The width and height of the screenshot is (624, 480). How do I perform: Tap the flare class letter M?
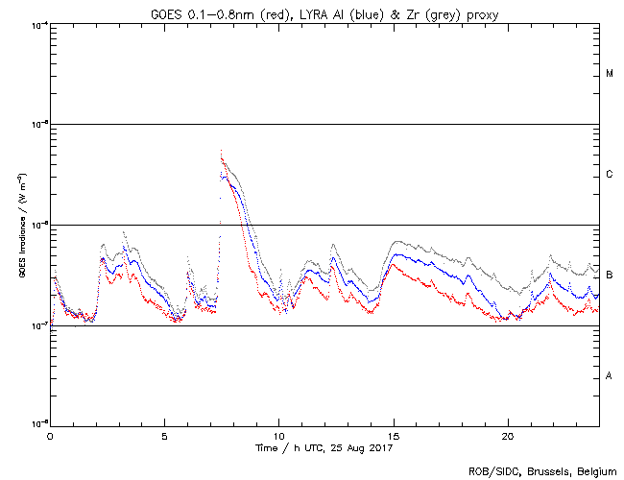tap(610, 74)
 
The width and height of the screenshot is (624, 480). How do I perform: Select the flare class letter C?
tap(610, 175)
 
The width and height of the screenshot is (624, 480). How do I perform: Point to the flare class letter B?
tap(610, 276)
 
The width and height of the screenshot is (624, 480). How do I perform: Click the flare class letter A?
tap(610, 375)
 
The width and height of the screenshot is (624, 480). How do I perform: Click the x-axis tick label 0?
tap(50, 435)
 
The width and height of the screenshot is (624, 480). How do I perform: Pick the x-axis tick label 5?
tap(164, 435)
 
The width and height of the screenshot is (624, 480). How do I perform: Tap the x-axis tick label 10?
tap(279, 435)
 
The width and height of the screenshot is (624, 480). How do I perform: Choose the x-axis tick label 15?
tap(394, 435)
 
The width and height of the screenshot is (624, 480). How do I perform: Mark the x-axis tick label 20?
tap(508, 435)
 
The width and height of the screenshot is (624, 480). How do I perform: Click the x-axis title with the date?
tap(325, 447)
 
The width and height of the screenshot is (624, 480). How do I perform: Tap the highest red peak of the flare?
tap(222, 150)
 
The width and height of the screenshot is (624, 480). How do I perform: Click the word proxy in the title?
tap(483, 13)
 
